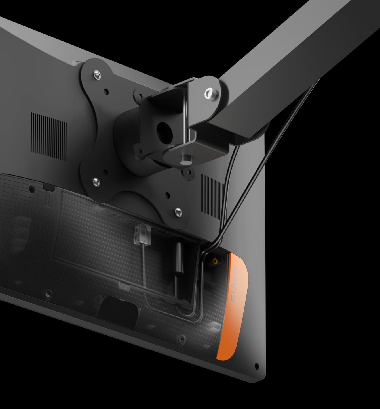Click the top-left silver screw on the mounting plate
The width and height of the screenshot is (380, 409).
click(97, 74)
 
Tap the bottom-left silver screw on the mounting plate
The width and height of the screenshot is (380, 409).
click(96, 182)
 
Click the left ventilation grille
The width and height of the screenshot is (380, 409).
click(49, 137)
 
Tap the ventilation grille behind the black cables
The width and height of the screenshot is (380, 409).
click(212, 197)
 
